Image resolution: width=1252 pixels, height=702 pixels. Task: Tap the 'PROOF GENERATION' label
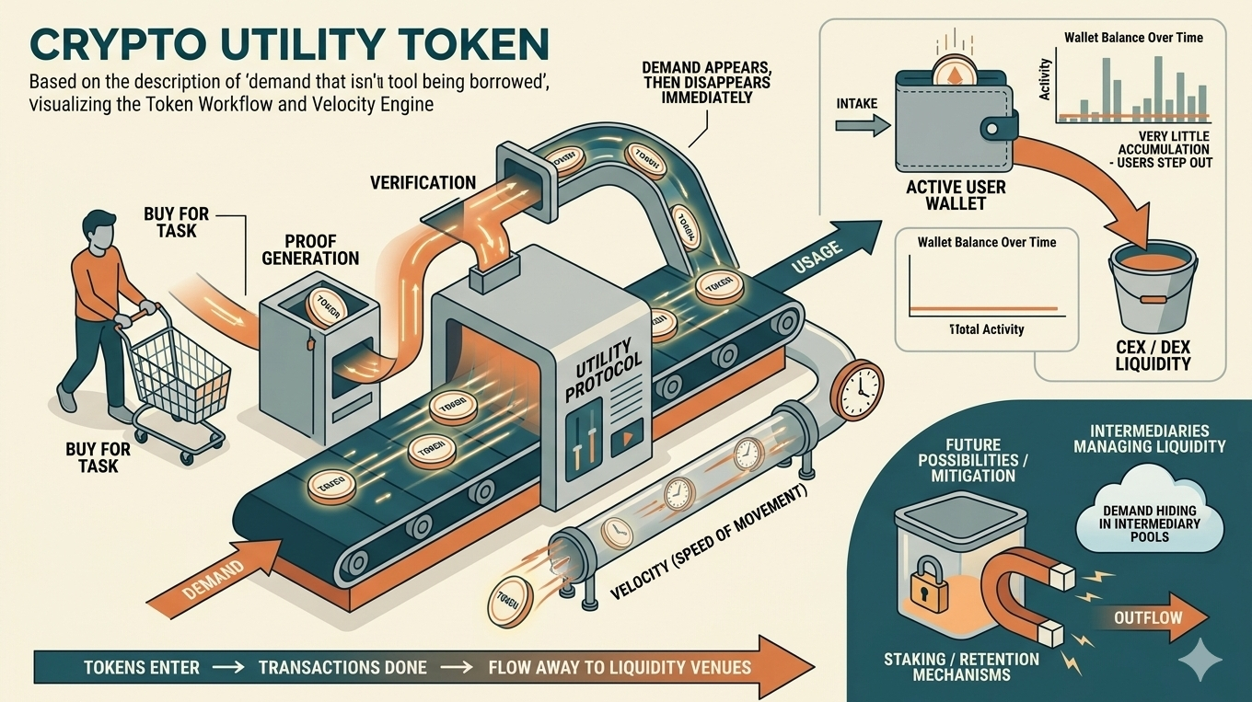coord(309,246)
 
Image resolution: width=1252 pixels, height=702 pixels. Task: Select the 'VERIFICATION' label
coord(423,182)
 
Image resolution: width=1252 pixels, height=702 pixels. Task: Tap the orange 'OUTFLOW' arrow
coord(1151,616)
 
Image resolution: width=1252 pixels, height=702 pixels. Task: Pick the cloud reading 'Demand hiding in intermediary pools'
coord(1151,522)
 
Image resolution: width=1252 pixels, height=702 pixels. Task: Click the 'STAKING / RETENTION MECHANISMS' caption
coord(961,667)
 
